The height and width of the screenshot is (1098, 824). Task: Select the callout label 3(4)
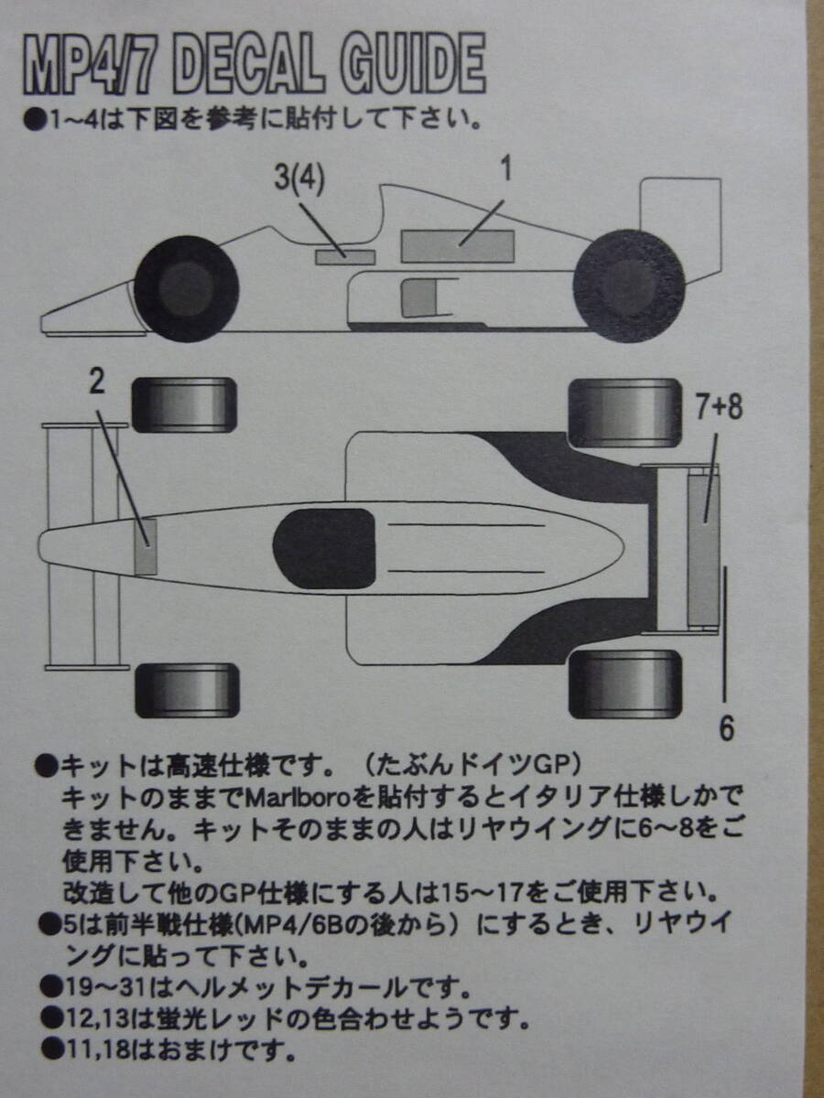click(x=299, y=179)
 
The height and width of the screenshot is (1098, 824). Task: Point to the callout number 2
click(x=97, y=381)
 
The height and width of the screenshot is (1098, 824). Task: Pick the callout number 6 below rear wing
click(x=726, y=727)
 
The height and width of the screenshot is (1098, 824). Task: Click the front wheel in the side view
click(x=187, y=288)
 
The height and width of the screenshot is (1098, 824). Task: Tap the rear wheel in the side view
click(x=629, y=285)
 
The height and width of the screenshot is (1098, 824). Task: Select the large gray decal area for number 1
click(x=457, y=245)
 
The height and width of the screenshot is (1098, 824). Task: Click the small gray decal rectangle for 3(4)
click(x=345, y=256)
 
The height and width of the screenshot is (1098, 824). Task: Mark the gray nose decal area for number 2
click(x=146, y=546)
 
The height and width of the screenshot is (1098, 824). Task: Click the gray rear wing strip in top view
click(x=703, y=550)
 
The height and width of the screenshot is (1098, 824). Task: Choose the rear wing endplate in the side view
click(x=680, y=229)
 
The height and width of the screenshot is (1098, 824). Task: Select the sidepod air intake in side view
click(x=419, y=297)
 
